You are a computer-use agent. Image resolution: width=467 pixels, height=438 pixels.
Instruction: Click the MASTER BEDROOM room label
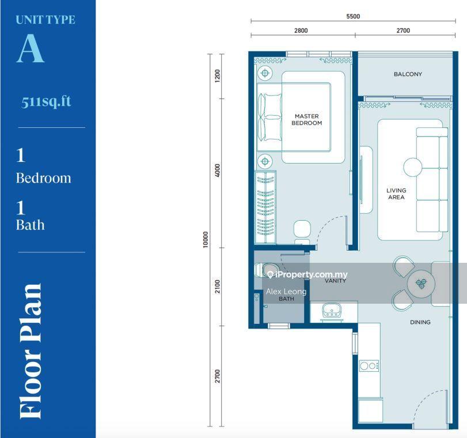coord(306,119)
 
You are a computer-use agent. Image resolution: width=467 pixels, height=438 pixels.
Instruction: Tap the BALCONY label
coord(408,74)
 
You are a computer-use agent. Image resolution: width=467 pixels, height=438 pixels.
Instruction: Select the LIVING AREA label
coord(396,194)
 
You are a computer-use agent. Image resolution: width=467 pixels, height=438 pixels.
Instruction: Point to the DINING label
coord(420,322)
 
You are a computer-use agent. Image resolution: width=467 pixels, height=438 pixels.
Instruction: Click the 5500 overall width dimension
coord(353,16)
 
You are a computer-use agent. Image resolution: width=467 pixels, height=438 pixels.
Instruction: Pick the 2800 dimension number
coord(301,31)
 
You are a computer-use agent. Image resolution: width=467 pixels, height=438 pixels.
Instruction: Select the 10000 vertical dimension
coord(205,239)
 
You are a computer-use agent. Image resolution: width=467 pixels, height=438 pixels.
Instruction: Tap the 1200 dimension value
coord(218,76)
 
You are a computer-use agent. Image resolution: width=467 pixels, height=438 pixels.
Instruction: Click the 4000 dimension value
coord(218,170)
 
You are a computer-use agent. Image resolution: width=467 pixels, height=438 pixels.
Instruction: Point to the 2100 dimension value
coord(218,286)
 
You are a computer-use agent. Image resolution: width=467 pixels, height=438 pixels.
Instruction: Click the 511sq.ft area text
coord(46,101)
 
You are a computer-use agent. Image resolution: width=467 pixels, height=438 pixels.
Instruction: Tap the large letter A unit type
coord(31,48)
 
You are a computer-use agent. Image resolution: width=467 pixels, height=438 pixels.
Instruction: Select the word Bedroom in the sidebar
coord(44,178)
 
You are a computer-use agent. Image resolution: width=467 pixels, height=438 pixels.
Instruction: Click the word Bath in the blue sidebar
coord(30,225)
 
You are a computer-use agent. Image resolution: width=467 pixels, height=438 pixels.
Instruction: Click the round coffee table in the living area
coord(412,167)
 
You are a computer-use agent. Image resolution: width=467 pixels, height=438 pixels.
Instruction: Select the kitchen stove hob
coord(369,365)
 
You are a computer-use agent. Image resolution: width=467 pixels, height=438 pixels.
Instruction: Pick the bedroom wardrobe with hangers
coord(265,207)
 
